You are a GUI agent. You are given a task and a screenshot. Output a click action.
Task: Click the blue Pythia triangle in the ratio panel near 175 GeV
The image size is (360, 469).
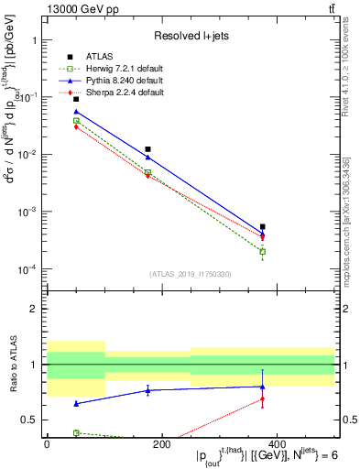[147, 390]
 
